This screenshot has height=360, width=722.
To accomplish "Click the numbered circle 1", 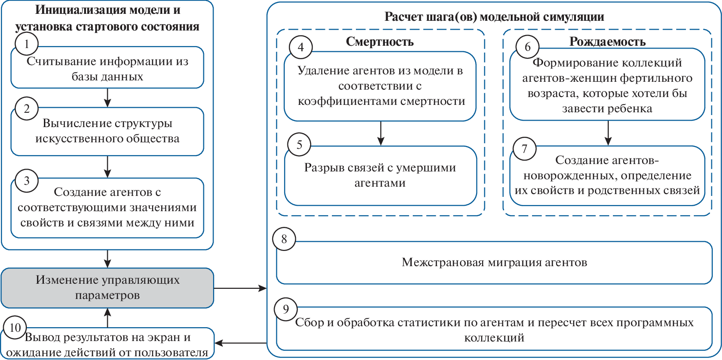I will point(26,44).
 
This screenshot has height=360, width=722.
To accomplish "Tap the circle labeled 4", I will point(300,48).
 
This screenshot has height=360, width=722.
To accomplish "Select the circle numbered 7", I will point(524,149).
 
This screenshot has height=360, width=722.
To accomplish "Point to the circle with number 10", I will point(15,328).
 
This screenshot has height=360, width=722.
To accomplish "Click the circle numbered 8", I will point(284,238).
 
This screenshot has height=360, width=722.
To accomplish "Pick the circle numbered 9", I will point(286,309).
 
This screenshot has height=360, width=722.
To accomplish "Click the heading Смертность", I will point(379,42).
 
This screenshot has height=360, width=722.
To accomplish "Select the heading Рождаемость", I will point(607,42).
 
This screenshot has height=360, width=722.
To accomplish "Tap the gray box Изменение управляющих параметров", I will point(108,287).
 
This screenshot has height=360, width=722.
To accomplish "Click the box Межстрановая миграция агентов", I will point(494,262).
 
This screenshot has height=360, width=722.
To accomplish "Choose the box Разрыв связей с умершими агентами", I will point(380,175).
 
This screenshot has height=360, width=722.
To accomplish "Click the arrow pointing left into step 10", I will point(240,343).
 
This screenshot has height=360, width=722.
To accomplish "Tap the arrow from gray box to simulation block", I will point(240,289).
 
